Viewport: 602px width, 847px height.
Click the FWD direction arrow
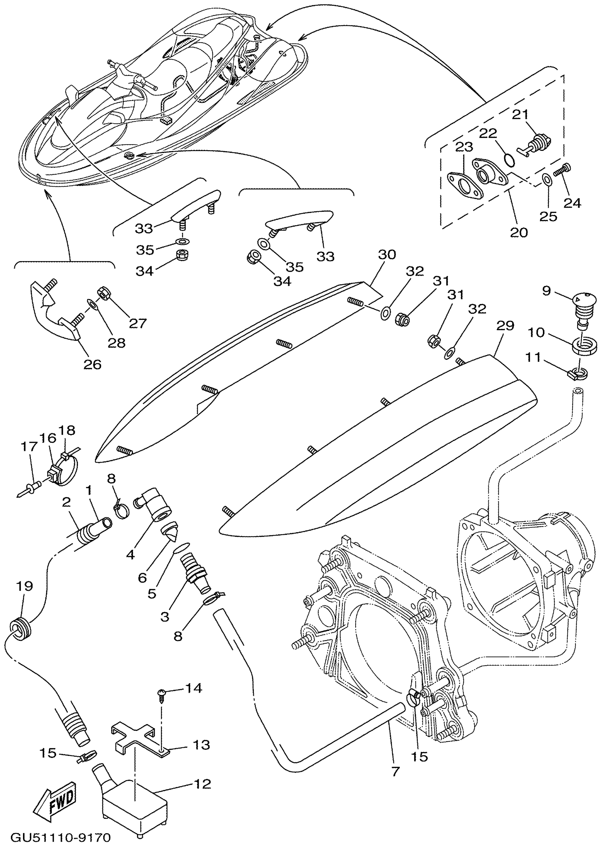pyautogui.click(x=56, y=800)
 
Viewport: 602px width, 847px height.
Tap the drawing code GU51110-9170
pyautogui.click(x=61, y=837)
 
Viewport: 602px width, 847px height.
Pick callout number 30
pyautogui.click(x=387, y=254)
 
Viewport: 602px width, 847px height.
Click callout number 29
pyautogui.click(x=505, y=326)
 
